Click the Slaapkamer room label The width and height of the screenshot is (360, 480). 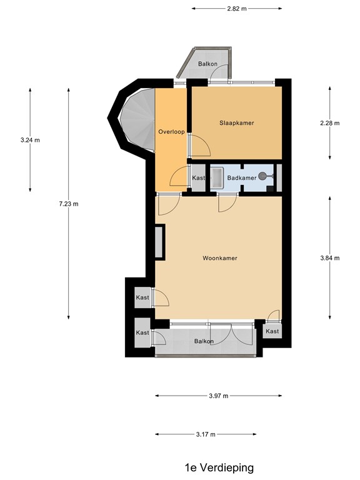[x=237, y=123]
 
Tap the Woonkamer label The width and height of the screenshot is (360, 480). [x=220, y=258]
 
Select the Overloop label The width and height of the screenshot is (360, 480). [x=171, y=132]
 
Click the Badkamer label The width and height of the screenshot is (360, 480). [x=242, y=178]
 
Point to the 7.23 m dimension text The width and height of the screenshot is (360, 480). [x=69, y=204]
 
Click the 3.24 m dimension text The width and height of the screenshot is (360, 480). [x=30, y=140]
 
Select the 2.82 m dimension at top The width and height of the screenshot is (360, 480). [x=237, y=9]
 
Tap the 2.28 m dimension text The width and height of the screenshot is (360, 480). [x=330, y=123]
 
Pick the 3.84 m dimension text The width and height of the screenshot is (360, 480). [x=330, y=258]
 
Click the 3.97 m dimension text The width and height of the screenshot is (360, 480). [x=219, y=396]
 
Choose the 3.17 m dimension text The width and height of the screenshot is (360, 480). [x=206, y=434]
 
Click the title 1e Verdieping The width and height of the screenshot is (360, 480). [x=219, y=467]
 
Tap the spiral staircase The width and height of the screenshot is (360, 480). [x=138, y=119]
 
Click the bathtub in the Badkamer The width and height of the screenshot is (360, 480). [x=217, y=177]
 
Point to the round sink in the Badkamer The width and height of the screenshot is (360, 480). [x=262, y=176]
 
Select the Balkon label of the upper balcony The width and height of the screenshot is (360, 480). [x=207, y=64]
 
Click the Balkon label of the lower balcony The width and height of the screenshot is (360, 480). [x=204, y=341]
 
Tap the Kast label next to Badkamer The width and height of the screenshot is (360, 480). [x=198, y=178]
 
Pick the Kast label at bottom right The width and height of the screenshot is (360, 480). [x=272, y=331]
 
